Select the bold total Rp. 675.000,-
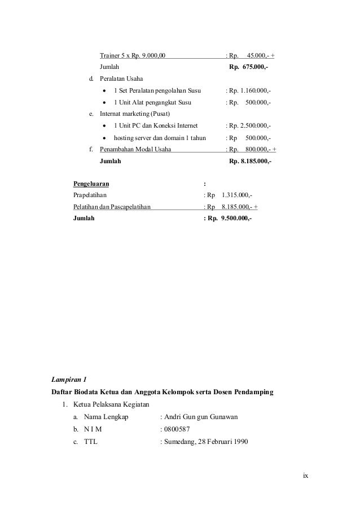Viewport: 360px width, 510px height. (x=249, y=67)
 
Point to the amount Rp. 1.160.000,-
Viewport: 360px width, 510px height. (x=249, y=91)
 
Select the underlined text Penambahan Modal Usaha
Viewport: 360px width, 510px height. (x=136, y=150)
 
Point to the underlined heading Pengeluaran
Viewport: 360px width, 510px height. (x=91, y=184)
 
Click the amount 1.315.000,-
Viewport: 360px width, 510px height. (x=237, y=195)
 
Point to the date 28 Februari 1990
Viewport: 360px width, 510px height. (x=221, y=441)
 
